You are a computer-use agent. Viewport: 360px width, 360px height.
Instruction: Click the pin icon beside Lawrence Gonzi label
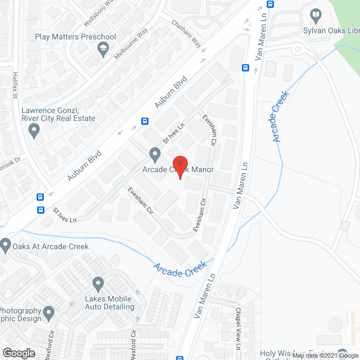(34, 132)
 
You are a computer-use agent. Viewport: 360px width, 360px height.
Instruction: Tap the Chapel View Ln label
(238, 323)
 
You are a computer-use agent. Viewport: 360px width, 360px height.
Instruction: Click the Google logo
(18, 353)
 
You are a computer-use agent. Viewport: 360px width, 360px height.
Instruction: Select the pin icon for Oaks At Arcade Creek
(6, 245)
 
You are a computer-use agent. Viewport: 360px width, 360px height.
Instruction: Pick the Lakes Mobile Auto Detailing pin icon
(98, 284)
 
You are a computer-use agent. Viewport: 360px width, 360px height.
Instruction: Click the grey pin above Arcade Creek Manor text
(155, 154)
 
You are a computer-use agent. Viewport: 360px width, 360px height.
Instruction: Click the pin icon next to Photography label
(49, 312)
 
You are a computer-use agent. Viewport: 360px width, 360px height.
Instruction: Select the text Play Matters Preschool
(75, 37)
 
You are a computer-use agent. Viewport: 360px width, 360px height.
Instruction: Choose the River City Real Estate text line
(58, 119)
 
